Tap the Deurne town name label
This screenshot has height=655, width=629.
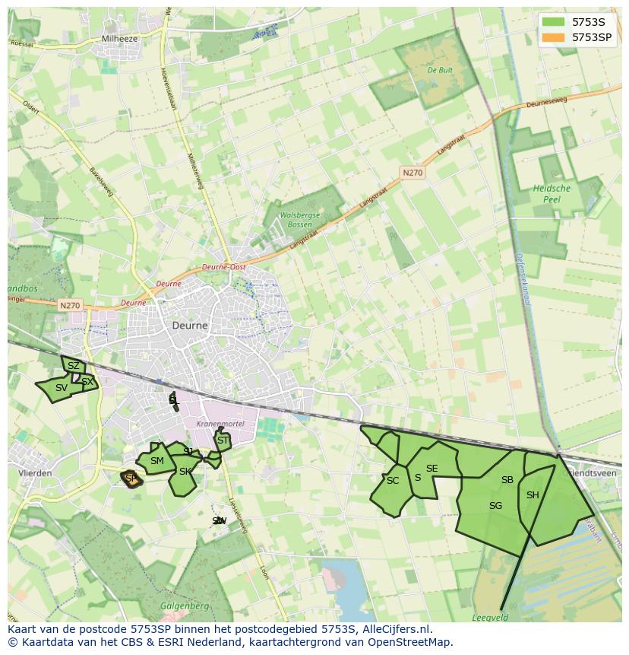(x=189, y=325)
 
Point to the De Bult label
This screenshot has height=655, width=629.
(x=441, y=70)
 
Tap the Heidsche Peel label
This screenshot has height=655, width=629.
(x=552, y=193)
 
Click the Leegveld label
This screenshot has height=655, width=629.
(x=490, y=618)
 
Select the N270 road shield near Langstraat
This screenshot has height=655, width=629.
(x=412, y=173)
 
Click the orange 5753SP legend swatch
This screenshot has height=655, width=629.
(x=554, y=37)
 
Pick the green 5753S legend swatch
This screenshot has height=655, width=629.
(x=554, y=21)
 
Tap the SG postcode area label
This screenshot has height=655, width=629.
(x=495, y=505)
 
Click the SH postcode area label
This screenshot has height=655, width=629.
(x=533, y=495)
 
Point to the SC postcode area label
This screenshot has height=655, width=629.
(x=392, y=481)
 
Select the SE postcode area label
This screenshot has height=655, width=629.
(x=431, y=469)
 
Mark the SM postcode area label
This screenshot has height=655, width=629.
(x=157, y=461)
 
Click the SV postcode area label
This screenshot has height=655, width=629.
(x=62, y=388)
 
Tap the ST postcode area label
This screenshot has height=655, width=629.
(x=223, y=440)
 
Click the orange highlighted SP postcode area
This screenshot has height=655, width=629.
(x=131, y=479)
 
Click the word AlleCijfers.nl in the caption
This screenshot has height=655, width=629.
(x=395, y=629)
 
